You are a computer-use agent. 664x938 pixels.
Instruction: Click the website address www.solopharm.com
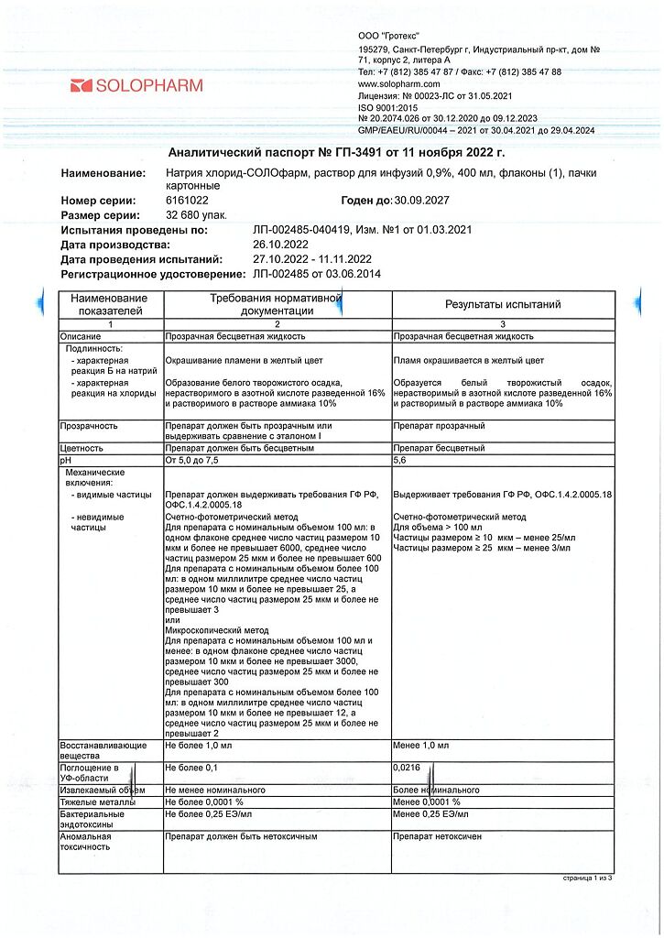[399, 83]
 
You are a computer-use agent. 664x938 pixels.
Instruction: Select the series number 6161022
[187, 200]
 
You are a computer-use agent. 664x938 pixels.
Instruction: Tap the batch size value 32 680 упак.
[195, 214]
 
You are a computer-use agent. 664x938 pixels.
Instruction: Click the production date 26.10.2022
[282, 245]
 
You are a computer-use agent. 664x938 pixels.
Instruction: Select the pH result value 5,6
[399, 461]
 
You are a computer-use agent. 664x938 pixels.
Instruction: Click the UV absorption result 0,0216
[408, 768]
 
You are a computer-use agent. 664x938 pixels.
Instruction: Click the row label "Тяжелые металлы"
[98, 802]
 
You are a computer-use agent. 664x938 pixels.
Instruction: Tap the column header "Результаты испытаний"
[503, 305]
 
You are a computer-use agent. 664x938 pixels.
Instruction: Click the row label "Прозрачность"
[89, 426]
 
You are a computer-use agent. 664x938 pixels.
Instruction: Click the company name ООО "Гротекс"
[384, 34]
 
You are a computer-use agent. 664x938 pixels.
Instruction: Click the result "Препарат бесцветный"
[439, 449]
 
